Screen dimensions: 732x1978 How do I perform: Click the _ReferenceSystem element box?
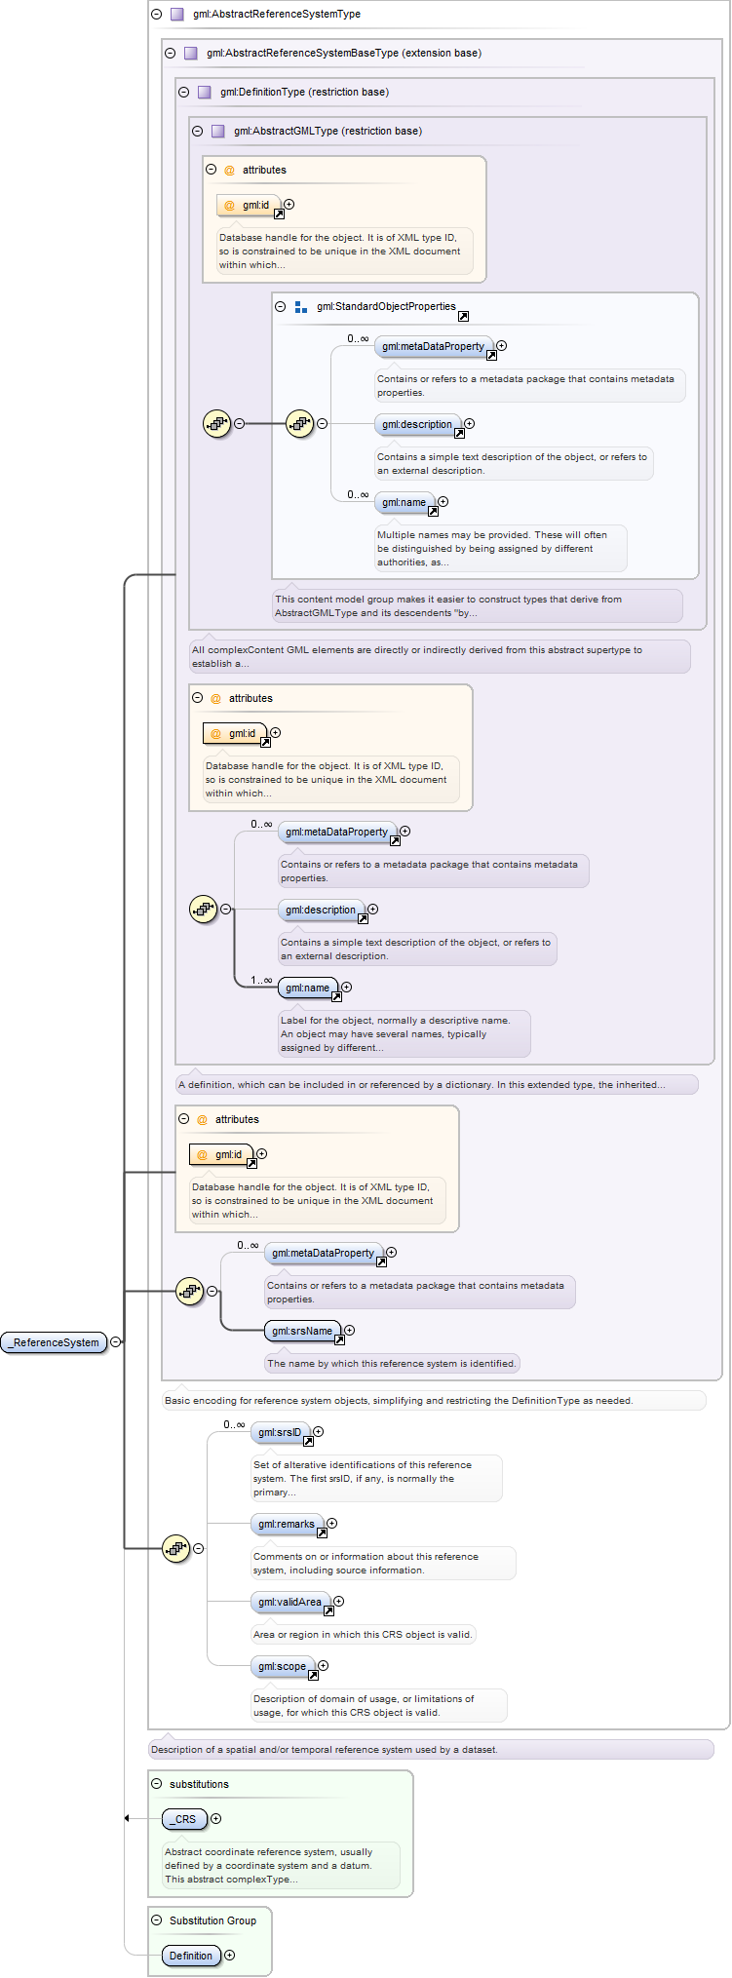tap(54, 1342)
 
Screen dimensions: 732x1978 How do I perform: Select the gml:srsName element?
tap(302, 1331)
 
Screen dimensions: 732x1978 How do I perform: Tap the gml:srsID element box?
tap(280, 1432)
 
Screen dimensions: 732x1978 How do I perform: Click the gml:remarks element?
tap(287, 1524)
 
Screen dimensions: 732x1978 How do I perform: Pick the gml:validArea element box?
tap(289, 1602)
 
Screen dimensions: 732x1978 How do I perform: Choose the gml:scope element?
tap(282, 1666)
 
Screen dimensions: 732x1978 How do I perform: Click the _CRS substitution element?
tap(184, 1819)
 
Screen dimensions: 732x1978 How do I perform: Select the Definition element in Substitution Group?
tap(191, 1956)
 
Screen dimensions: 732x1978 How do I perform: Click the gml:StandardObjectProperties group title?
tap(386, 306)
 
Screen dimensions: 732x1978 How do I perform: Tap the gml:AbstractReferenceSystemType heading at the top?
tap(277, 14)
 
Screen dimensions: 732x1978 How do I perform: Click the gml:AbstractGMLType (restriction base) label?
tap(327, 131)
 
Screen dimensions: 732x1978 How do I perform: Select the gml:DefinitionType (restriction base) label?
tap(304, 92)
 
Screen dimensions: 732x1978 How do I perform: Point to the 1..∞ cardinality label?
tap(261, 980)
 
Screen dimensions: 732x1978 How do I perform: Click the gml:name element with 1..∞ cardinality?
tap(307, 988)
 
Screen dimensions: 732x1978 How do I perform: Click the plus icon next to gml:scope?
tap(324, 1666)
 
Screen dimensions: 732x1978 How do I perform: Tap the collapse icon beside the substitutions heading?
tap(157, 1784)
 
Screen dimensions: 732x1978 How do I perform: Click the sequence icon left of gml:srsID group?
tap(175, 1548)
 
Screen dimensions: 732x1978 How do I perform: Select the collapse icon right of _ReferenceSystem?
tap(116, 1342)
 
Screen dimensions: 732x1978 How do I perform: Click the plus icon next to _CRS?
tap(216, 1819)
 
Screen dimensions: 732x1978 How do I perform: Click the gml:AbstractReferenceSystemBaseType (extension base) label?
tap(344, 53)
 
